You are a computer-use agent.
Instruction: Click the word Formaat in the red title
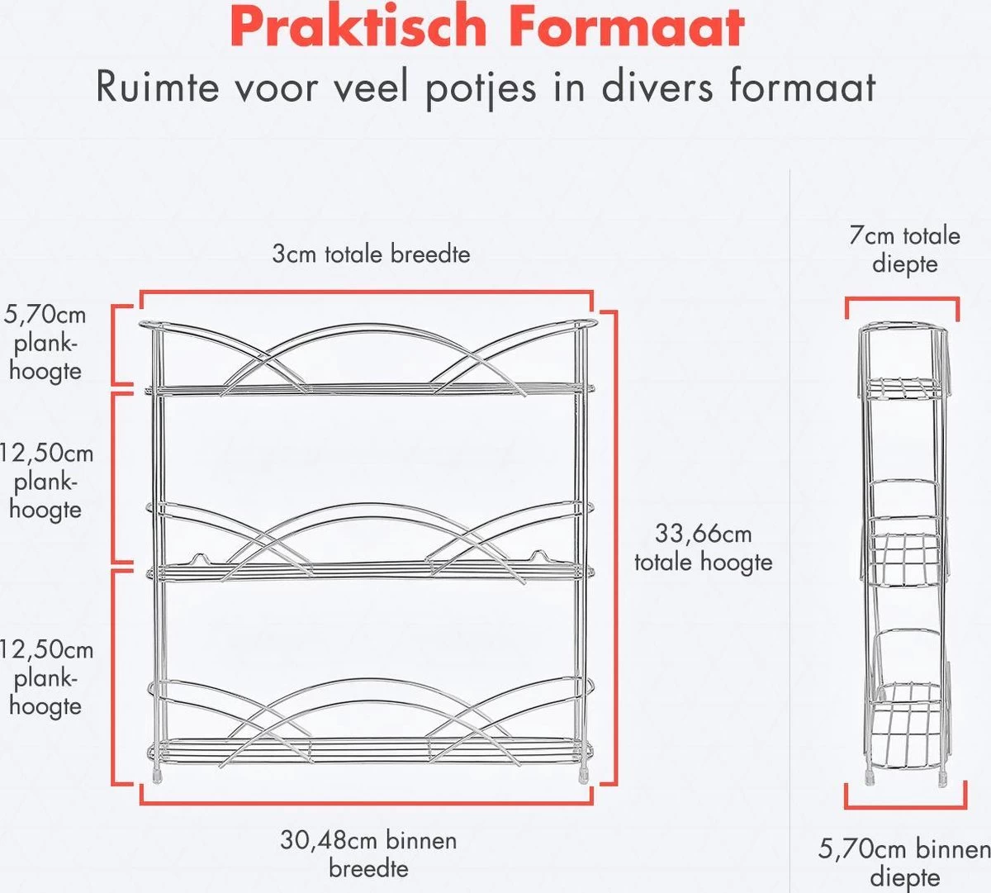628,26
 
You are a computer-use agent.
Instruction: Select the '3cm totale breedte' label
371,254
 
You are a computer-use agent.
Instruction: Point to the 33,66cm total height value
703,534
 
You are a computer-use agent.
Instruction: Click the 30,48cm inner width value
367,841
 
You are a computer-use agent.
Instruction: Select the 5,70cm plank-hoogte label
45,342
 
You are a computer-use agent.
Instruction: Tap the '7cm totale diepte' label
905,249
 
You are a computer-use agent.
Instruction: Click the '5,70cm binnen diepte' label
904,862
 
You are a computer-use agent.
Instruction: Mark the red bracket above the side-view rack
902,302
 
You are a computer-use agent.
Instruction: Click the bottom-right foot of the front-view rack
584,775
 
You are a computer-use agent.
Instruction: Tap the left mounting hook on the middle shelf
197,558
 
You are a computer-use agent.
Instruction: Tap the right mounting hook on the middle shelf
538,556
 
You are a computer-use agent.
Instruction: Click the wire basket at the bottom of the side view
906,715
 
